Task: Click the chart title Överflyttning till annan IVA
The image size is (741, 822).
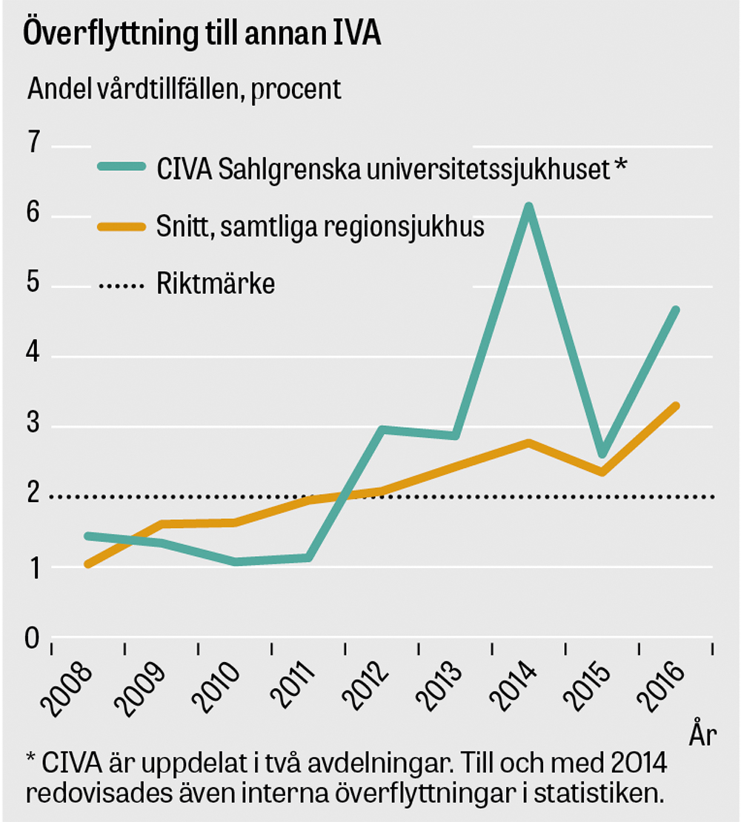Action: click(202, 35)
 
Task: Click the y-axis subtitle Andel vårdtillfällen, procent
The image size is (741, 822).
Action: click(184, 89)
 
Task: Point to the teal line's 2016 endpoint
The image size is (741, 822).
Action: click(675, 310)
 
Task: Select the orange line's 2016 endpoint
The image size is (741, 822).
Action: click(675, 406)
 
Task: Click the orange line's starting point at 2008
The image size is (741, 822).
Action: click(88, 564)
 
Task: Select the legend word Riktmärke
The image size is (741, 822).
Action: click(216, 284)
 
